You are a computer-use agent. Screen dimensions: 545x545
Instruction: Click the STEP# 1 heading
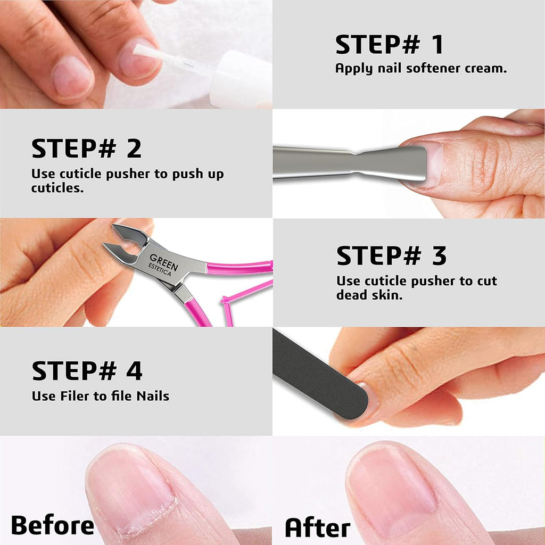389,45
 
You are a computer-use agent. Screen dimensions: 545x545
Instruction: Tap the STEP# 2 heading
87,149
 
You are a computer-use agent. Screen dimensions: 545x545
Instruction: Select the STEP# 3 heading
391,256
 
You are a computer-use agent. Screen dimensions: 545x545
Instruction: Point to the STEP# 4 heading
87,371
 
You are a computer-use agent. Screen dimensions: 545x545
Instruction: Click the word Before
52,525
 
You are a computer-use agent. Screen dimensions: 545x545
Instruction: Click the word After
317,527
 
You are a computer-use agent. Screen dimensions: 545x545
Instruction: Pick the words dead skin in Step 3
369,295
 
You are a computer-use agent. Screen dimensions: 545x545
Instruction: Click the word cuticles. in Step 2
57,188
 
